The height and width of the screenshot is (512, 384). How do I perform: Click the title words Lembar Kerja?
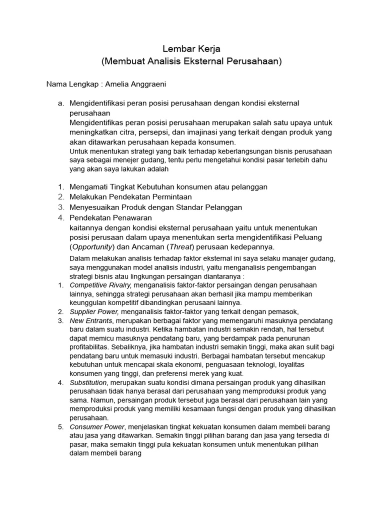(x=192, y=49)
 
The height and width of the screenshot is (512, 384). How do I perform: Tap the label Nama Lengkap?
(x=71, y=83)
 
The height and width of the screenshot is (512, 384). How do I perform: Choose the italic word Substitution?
(x=88, y=382)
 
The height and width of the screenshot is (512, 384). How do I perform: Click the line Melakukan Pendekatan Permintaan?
(x=130, y=197)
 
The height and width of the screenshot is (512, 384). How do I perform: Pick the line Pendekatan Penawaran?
(x=110, y=217)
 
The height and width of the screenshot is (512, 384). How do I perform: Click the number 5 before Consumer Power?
(x=60, y=427)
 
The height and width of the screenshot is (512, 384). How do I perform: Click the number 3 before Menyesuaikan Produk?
(x=60, y=207)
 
